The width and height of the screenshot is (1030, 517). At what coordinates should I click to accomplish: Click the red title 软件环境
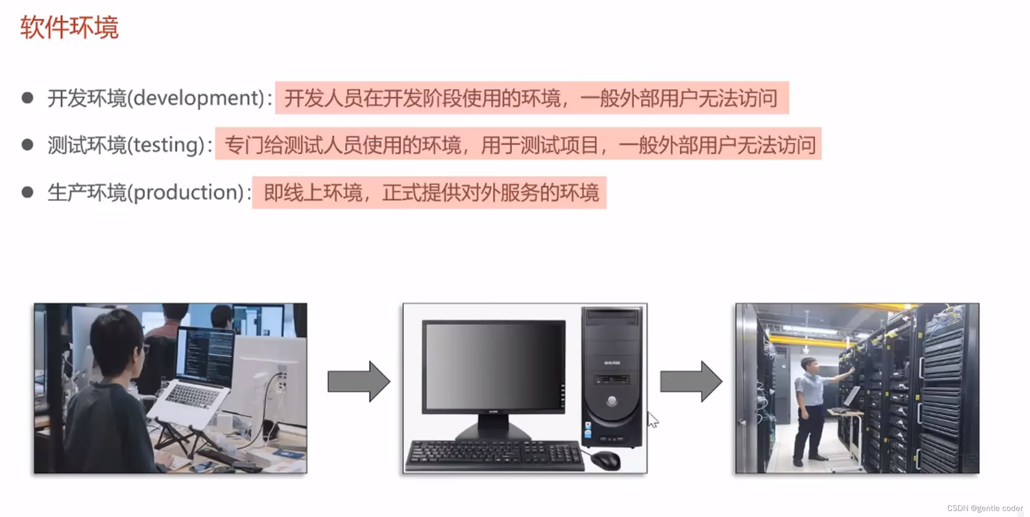69,28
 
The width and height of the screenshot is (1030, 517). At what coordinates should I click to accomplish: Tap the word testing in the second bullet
166,145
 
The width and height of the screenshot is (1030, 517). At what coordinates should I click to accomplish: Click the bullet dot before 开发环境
28,98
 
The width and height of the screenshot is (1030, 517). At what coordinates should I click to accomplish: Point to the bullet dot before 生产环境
28,192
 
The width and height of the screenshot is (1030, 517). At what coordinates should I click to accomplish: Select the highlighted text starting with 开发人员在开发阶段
531,98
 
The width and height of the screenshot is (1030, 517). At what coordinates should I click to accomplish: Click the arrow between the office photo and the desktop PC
359,382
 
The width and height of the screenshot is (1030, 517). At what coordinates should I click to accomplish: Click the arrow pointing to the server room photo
690,382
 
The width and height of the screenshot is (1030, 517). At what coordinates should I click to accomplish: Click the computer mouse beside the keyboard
605,460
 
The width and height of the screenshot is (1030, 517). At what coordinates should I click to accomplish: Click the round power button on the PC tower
612,401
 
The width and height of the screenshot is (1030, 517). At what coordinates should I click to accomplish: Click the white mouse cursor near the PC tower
652,419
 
